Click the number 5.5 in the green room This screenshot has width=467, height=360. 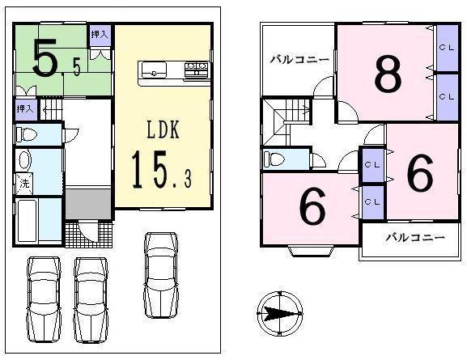(x=56, y=57)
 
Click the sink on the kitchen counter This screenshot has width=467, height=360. (x=154, y=73)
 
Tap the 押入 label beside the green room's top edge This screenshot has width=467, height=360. (x=100, y=35)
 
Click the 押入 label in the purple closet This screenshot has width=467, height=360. (x=24, y=108)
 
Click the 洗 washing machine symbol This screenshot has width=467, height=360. (x=23, y=184)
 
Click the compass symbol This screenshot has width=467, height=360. (x=279, y=312)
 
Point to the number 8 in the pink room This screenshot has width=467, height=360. (x=388, y=74)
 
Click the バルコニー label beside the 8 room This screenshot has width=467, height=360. (x=299, y=59)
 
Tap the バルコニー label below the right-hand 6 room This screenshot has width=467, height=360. (x=414, y=238)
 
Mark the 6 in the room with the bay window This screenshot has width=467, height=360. (x=313, y=207)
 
